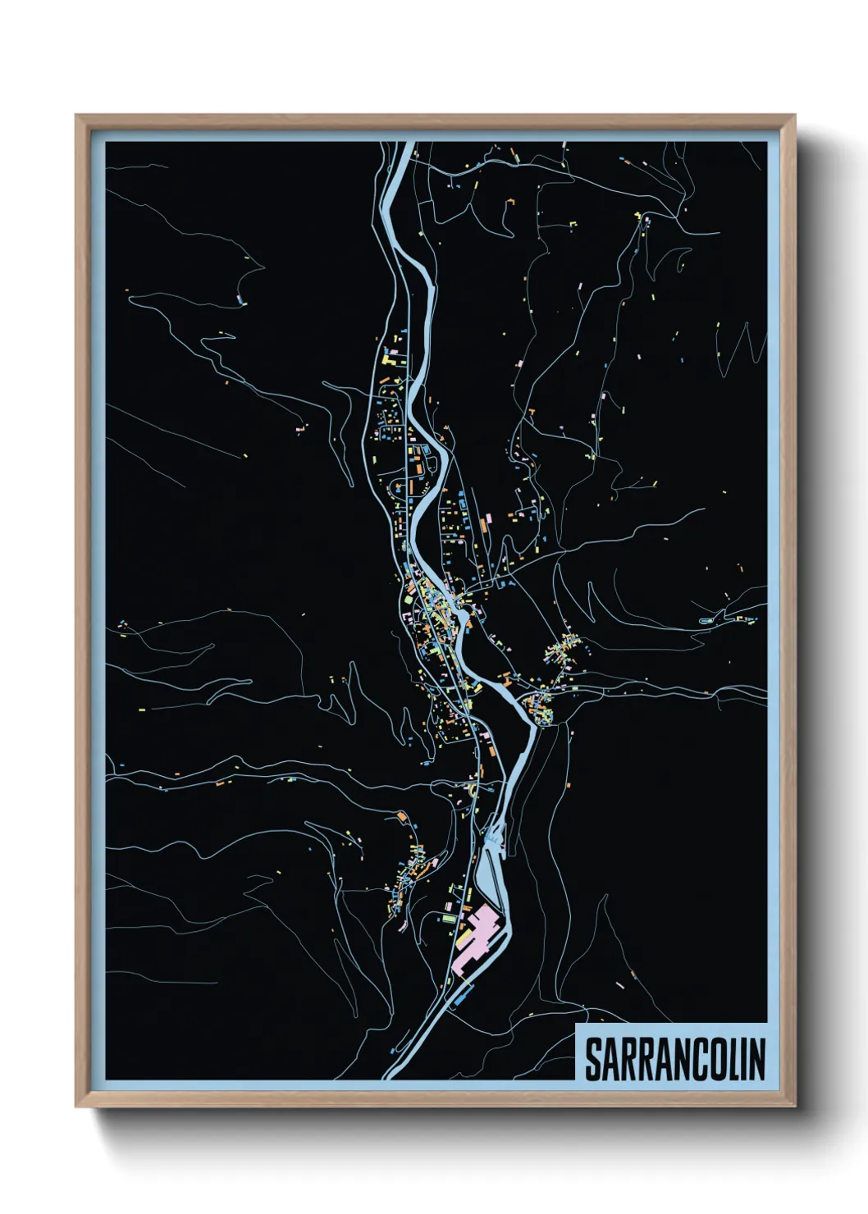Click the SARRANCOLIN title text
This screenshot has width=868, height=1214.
coord(674,1059)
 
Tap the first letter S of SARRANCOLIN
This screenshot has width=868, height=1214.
coord(593,1059)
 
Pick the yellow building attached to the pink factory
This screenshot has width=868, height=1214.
coord(464,934)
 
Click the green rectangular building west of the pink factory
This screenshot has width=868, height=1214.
coord(448,920)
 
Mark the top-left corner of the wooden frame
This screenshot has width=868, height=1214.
coord(76,116)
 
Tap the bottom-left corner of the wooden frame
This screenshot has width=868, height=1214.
coord(76,1107)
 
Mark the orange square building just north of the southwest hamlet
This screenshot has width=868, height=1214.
coord(402,816)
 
